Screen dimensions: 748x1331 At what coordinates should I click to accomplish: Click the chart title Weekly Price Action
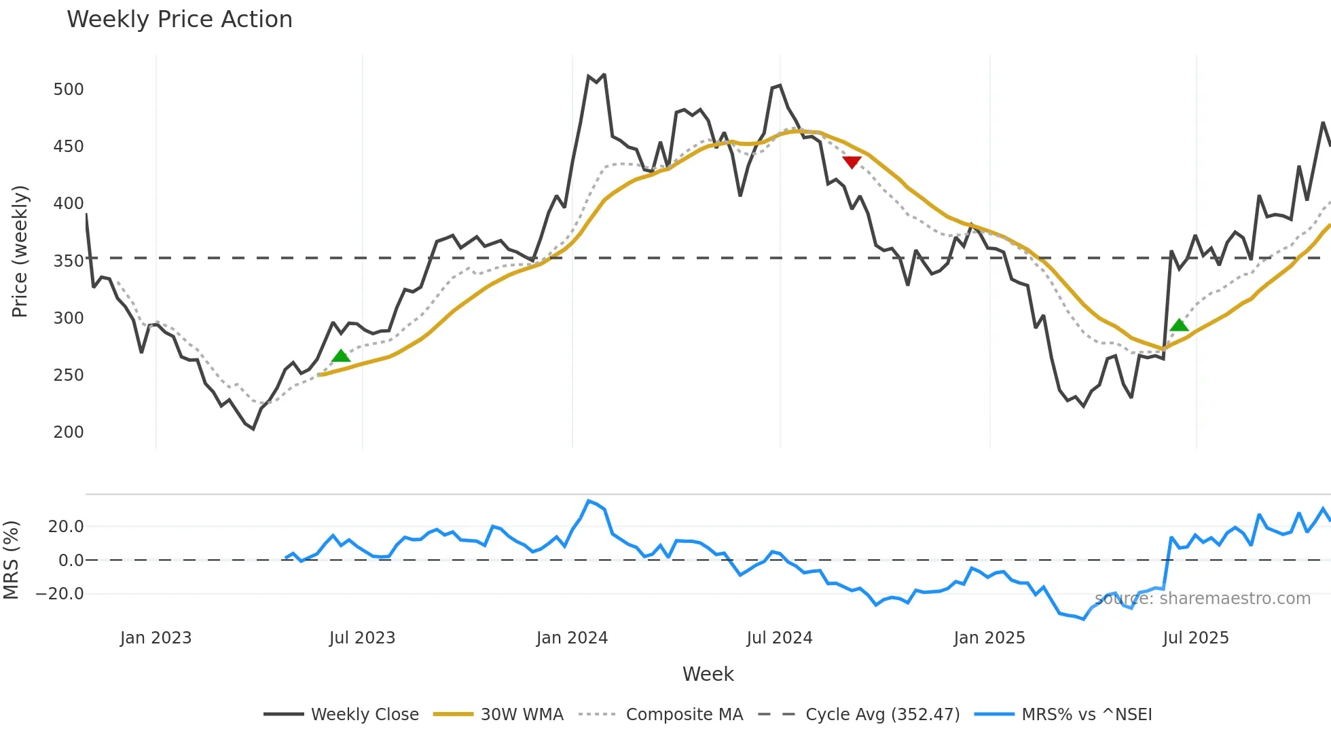179,20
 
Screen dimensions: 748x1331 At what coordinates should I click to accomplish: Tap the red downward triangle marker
852,162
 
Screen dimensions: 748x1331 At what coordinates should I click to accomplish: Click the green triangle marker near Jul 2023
341,356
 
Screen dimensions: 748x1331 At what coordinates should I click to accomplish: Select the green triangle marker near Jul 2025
1180,325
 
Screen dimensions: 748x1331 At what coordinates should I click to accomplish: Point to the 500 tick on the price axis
69,90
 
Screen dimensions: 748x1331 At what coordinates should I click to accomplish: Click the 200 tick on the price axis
69,432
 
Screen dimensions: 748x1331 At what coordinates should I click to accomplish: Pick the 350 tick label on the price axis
69,261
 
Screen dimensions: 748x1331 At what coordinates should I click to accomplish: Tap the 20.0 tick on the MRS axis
66,527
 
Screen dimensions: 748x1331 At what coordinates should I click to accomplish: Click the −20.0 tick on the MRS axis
60,594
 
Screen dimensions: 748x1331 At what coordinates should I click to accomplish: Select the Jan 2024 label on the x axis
572,638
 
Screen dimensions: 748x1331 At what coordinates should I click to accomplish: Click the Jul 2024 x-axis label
780,638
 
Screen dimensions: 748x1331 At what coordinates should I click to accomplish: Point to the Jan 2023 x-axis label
156,638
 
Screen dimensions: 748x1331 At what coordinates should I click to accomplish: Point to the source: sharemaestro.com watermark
1202,599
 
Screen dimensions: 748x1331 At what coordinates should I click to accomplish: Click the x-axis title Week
708,675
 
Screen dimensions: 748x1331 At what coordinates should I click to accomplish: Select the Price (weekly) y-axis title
20,251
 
